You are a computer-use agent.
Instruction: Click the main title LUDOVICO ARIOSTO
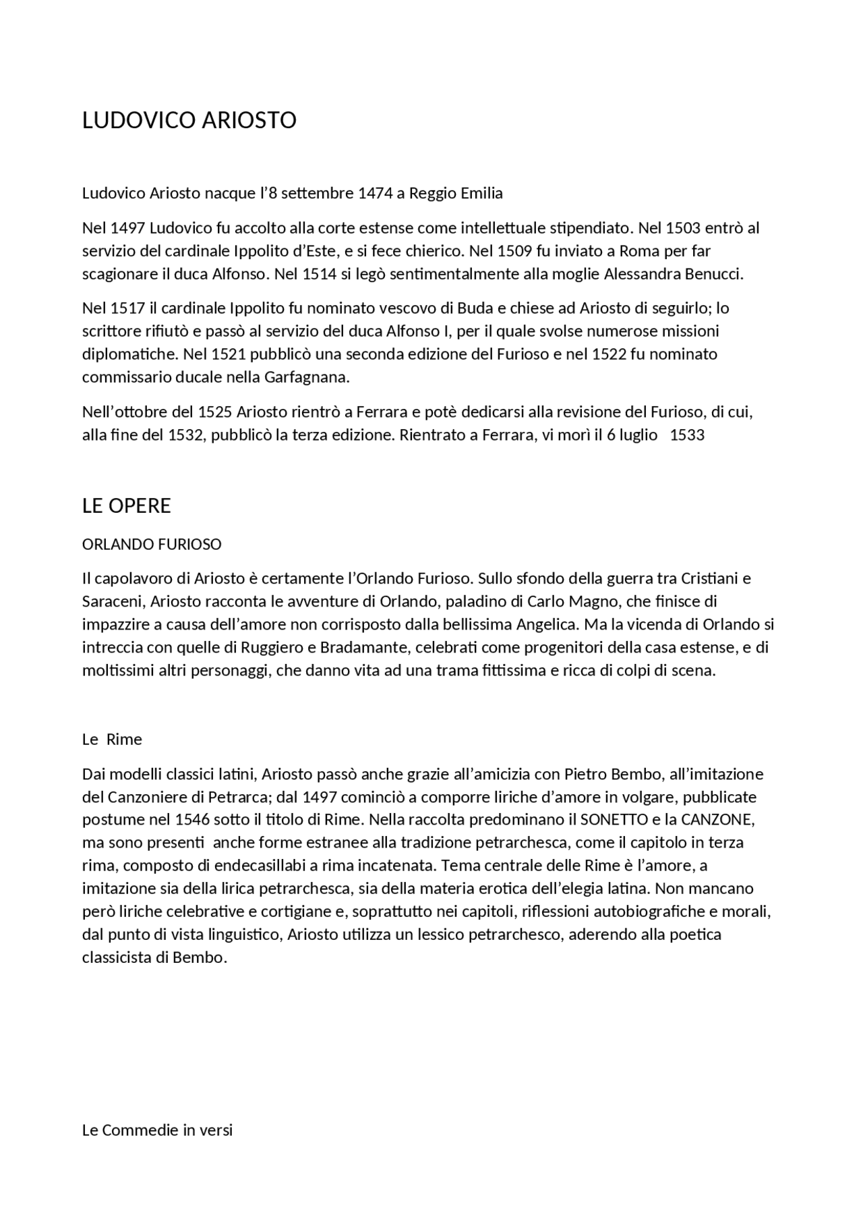coord(189,120)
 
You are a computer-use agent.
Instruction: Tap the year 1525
coord(214,412)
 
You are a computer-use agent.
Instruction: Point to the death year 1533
coord(687,435)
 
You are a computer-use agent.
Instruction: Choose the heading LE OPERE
coord(126,506)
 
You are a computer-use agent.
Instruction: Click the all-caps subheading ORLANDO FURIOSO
coord(152,544)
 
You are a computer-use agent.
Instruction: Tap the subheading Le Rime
coord(112,740)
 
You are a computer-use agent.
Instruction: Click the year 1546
coord(192,820)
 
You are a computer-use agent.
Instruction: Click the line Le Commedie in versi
coord(157,1130)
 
